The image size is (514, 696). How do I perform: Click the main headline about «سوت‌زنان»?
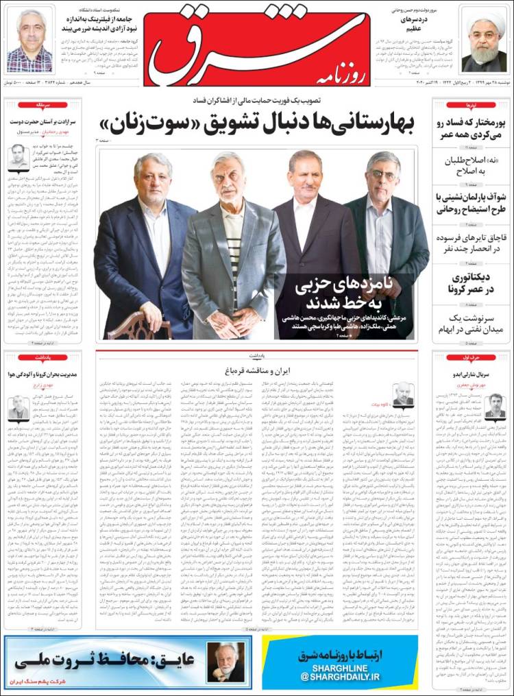pyautogui.click(x=257, y=123)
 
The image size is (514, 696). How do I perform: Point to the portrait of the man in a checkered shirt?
pyautogui.click(x=29, y=41)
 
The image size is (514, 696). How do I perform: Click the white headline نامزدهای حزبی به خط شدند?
pyautogui.click(x=342, y=293)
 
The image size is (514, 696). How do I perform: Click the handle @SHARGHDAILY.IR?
pyautogui.click(x=339, y=676)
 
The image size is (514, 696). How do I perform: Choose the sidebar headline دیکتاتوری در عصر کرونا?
pyautogui.click(x=472, y=284)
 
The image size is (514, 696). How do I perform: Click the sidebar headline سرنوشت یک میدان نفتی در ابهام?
pyautogui.click(x=472, y=324)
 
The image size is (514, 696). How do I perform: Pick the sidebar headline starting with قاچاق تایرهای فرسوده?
pyautogui.click(x=472, y=244)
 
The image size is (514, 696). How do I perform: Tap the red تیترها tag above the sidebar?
pyautogui.click(x=472, y=105)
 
